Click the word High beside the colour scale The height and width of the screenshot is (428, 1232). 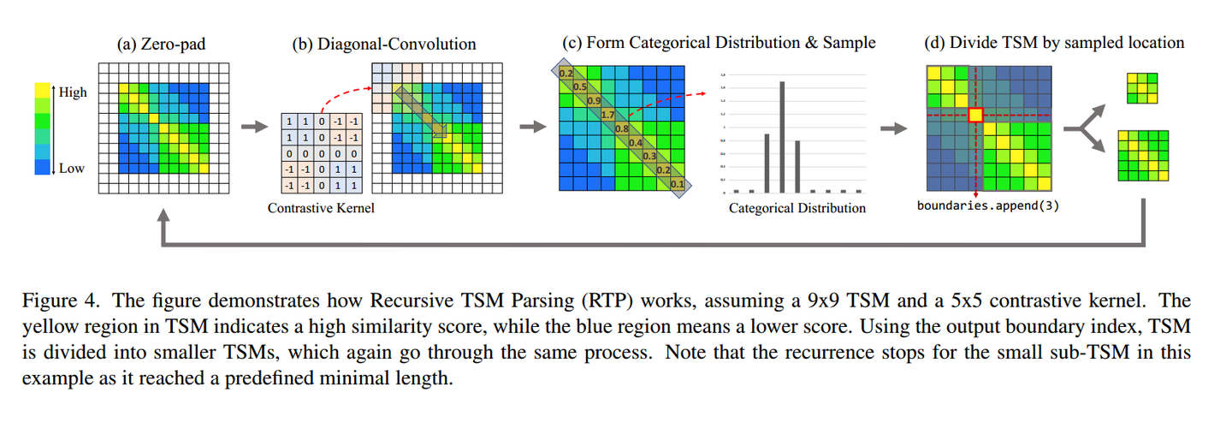tap(74, 92)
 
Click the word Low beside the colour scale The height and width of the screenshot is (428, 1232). tap(72, 168)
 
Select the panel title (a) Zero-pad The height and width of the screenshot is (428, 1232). tap(162, 44)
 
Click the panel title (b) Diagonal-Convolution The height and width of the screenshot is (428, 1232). tap(384, 44)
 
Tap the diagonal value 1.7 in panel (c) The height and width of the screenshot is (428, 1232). tap(608, 115)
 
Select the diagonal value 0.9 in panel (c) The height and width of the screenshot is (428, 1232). tap(594, 101)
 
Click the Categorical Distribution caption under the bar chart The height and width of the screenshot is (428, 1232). tap(797, 208)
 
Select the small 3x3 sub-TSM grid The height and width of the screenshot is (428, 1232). tap(1142, 88)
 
